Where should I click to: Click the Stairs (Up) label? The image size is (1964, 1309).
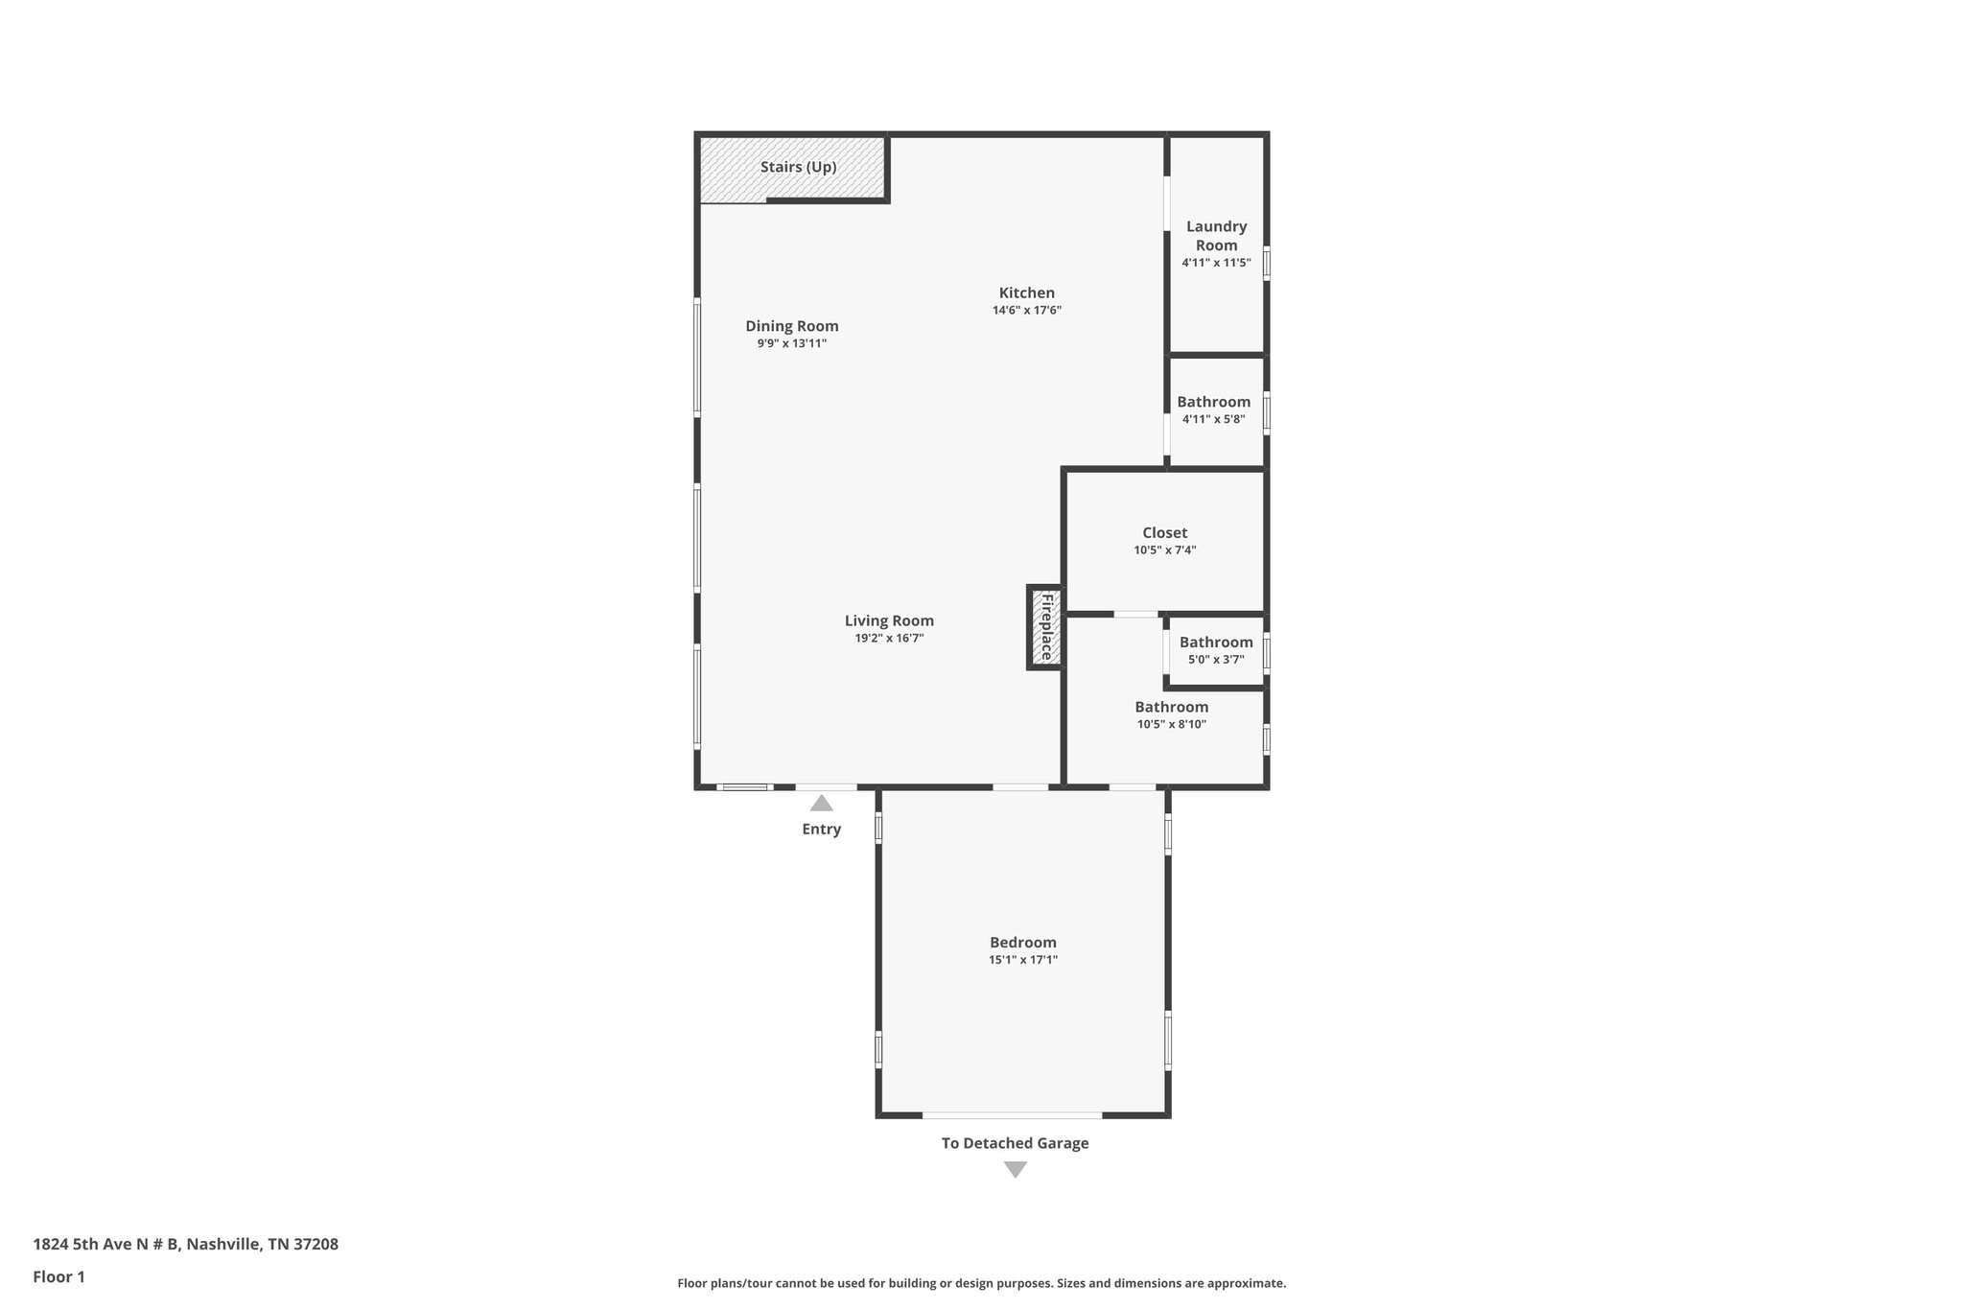click(x=798, y=167)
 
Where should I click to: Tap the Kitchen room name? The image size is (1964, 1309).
click(x=1026, y=292)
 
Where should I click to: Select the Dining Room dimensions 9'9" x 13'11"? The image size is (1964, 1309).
click(x=791, y=343)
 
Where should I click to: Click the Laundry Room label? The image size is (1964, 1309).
click(x=1216, y=235)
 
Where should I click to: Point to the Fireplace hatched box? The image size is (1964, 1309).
click(x=1045, y=627)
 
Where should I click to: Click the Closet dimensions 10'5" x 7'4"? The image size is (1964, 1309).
click(x=1164, y=550)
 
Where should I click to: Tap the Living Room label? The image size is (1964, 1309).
click(x=889, y=620)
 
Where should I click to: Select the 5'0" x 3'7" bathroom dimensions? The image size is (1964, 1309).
click(x=1215, y=660)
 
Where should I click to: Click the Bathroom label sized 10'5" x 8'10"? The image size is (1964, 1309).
click(x=1171, y=707)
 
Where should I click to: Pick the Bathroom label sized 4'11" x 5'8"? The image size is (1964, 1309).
click(x=1213, y=402)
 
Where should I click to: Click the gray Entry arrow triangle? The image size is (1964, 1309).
click(x=821, y=804)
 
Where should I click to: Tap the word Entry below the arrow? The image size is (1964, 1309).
click(x=821, y=830)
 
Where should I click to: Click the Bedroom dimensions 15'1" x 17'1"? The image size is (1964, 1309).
click(x=1022, y=960)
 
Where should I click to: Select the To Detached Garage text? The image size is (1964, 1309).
click(x=1015, y=1143)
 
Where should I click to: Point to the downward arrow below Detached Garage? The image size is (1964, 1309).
click(x=1015, y=1170)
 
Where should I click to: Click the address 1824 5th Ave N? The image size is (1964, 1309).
click(x=185, y=1245)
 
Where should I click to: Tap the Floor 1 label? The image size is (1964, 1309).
click(x=58, y=1277)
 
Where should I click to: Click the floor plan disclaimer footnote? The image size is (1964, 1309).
click(x=981, y=1283)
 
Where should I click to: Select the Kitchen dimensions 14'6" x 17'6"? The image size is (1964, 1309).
click(x=1026, y=311)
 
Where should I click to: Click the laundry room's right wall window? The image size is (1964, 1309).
click(x=1266, y=263)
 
